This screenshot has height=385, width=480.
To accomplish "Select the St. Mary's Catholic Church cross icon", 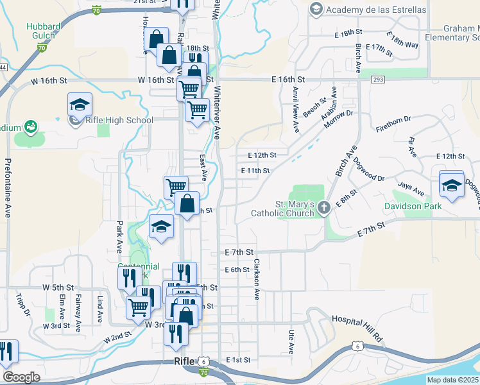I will click(x=324, y=207).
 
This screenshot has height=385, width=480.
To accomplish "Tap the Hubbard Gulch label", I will click(x=44, y=31).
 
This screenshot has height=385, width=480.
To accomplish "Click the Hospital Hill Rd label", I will click(x=357, y=320).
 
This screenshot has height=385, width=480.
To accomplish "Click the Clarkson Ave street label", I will click(x=256, y=280).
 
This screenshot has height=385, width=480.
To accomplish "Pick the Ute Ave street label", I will click(x=291, y=341).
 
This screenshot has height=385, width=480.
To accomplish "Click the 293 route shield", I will click(x=377, y=79).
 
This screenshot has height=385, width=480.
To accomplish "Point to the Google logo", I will click(x=21, y=377).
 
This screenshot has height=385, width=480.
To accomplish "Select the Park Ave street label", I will click(x=119, y=237).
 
